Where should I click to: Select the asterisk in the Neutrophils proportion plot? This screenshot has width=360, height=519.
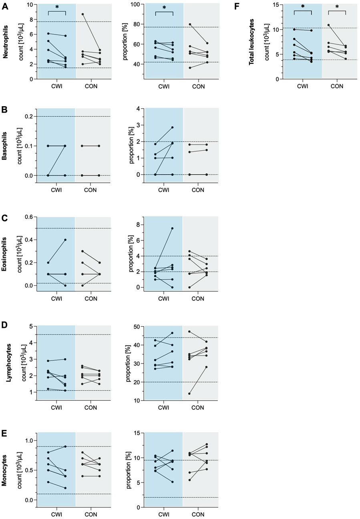(x=164, y=8)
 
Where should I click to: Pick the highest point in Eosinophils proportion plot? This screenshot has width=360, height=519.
(x=172, y=228)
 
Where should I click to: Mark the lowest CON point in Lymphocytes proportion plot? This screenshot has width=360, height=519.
(x=189, y=394)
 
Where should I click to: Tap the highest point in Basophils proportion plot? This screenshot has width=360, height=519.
(x=172, y=127)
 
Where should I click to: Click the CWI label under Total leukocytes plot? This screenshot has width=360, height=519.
(x=302, y=86)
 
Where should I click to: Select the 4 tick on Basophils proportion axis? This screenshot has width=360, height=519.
(x=140, y=109)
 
